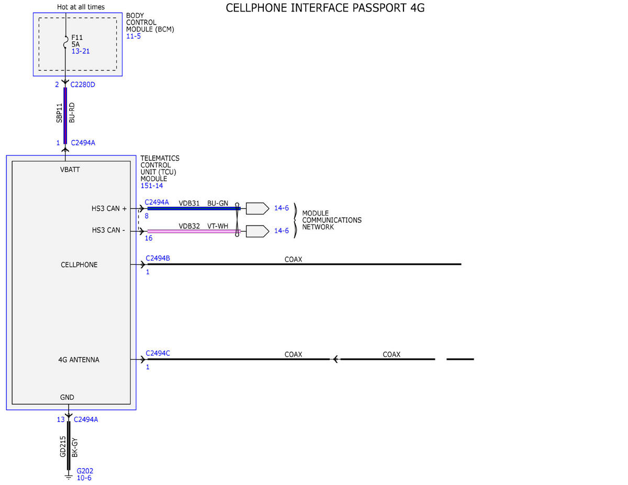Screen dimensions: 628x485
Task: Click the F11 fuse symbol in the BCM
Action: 66,42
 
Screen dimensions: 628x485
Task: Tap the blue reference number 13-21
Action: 81,51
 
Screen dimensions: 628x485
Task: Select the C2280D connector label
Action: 83,85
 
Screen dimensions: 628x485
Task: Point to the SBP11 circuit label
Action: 59,113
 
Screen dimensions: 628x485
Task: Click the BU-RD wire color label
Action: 72,112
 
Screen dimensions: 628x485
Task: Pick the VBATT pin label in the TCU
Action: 70,170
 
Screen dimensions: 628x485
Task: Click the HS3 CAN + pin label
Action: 109,209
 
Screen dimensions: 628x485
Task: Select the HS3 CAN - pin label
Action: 108,230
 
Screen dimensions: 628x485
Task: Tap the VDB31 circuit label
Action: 189,204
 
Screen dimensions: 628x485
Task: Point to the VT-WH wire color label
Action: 218,226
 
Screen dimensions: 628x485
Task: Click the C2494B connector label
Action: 158,258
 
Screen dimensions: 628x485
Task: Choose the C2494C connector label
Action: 158,353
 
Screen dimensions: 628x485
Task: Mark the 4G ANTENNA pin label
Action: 78,360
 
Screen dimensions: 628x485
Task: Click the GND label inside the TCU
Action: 67,398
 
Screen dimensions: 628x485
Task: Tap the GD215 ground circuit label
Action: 63,447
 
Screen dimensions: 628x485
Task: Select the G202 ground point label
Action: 85,471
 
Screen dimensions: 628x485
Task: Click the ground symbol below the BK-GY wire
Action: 69,477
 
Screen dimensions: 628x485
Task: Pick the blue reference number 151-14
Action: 152,186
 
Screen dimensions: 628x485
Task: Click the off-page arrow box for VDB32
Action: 257,231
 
